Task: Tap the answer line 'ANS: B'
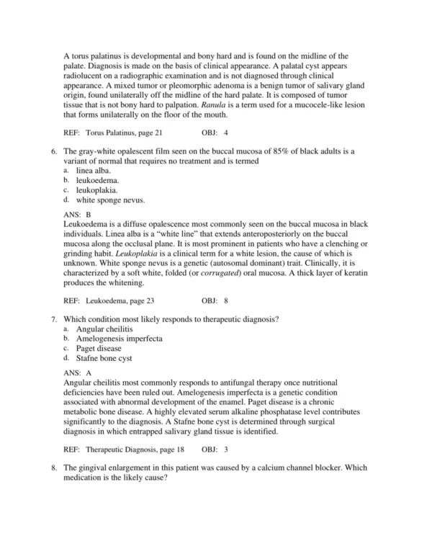(x=77, y=215)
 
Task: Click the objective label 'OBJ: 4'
(x=215, y=134)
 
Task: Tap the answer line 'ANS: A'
(x=77, y=372)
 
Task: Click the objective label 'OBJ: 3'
(x=215, y=450)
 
